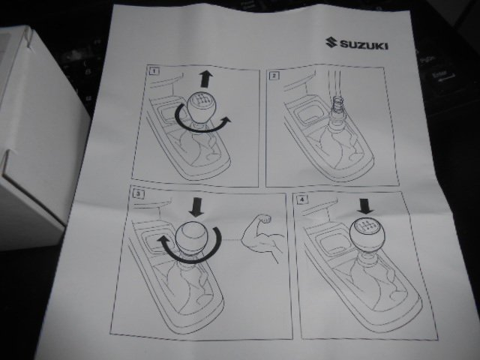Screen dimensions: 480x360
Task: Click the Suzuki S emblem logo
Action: (331, 43)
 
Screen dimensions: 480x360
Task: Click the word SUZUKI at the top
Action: (364, 46)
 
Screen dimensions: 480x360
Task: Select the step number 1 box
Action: (154, 71)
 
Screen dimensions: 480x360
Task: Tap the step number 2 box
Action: (274, 75)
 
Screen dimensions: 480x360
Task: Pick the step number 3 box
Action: (139, 193)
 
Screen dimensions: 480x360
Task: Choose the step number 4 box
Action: (302, 199)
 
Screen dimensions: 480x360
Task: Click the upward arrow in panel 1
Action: (206, 79)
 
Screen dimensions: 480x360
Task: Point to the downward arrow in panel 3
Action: (196, 207)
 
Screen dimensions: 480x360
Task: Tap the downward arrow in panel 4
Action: (365, 206)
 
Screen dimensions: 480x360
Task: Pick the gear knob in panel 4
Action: (365, 235)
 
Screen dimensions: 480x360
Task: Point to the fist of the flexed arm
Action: (264, 220)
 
